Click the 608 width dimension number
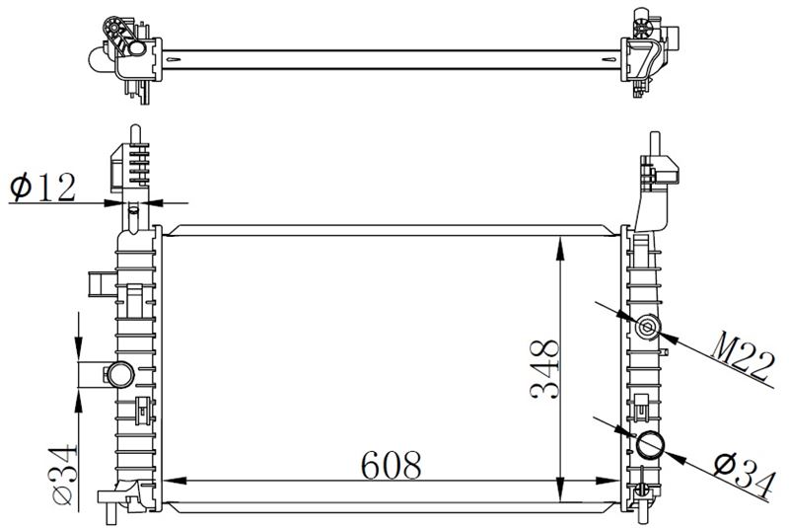[391, 465]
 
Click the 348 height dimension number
[544, 370]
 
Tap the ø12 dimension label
[42, 187]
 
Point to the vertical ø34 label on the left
[63, 475]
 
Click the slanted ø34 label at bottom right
[744, 473]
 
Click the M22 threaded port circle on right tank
[647, 328]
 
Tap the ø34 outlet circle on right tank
[651, 444]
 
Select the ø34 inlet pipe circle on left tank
[121, 374]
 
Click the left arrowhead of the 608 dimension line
[175, 481]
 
